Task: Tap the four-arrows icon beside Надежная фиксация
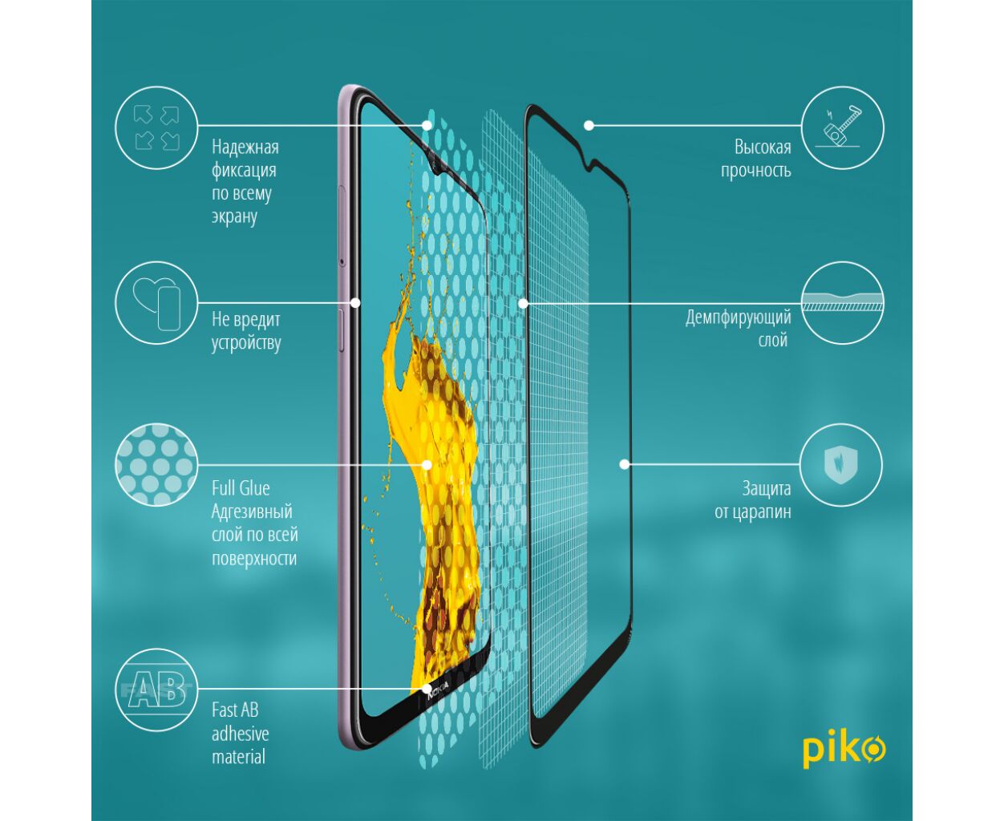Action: (x=156, y=127)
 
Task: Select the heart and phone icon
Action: (x=156, y=303)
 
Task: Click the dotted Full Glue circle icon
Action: (x=156, y=464)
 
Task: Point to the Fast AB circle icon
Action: (x=156, y=690)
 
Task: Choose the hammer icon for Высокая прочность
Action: (x=843, y=127)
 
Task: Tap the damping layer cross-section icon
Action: (x=843, y=303)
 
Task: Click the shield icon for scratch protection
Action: (x=840, y=464)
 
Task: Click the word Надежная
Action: (x=245, y=147)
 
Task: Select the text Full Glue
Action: (x=241, y=488)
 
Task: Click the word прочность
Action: (x=756, y=171)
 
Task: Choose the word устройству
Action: (x=246, y=342)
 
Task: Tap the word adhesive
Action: (x=241, y=734)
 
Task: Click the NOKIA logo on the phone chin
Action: (x=438, y=690)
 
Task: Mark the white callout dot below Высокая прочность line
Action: (x=589, y=126)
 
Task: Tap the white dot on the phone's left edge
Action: (x=355, y=303)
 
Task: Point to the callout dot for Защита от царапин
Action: (x=625, y=464)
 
